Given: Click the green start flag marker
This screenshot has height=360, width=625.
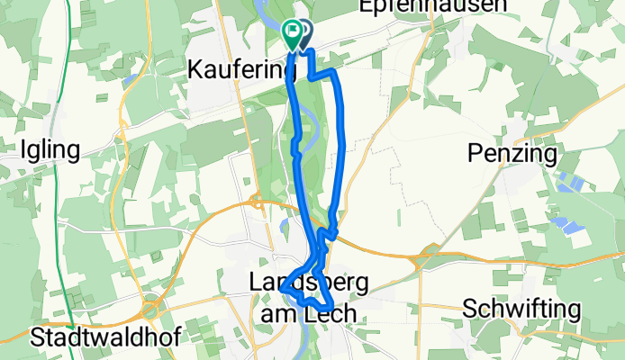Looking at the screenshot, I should [x=293, y=33].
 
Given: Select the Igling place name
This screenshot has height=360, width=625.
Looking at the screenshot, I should [x=55, y=149].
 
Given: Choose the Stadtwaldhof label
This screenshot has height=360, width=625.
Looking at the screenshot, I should [x=104, y=337].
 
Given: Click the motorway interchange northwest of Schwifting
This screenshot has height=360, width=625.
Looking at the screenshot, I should [x=417, y=260].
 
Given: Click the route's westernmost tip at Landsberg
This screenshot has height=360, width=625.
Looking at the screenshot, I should [x=283, y=286].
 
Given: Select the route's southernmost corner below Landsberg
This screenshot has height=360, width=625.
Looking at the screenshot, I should [x=323, y=310].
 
